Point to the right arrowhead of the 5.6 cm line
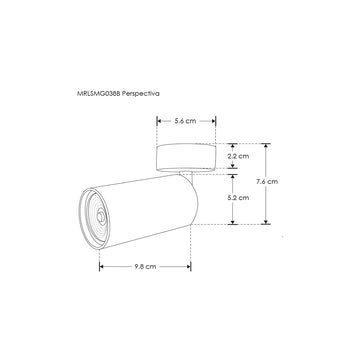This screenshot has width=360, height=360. pos(213,121)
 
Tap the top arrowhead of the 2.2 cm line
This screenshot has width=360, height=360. pos(234,145)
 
